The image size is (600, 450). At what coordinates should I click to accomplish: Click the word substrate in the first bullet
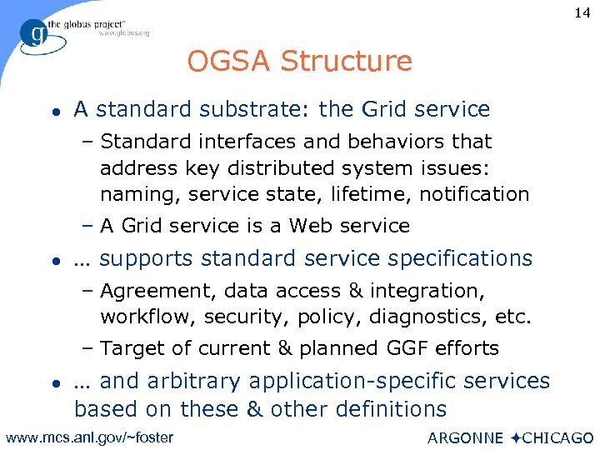pyautogui.click(x=251, y=109)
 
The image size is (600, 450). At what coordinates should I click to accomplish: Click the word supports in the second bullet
pyautogui.click(x=146, y=258)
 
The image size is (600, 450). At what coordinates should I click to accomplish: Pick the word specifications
pyautogui.click(x=451, y=258)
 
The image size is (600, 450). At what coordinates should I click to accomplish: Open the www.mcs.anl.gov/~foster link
pyautogui.click(x=89, y=437)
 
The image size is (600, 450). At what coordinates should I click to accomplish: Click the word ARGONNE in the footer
pyautogui.click(x=465, y=438)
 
